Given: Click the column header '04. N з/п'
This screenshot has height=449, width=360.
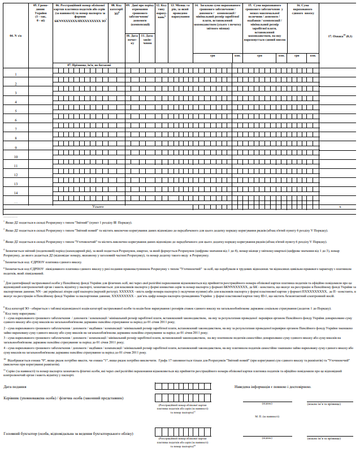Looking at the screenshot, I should click(15, 36).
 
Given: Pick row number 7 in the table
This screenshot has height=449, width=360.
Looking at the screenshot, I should click(15, 129).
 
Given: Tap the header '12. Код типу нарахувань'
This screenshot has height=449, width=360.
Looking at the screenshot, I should click(161, 12).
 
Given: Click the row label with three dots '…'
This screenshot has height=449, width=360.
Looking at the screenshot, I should click(15, 202).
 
